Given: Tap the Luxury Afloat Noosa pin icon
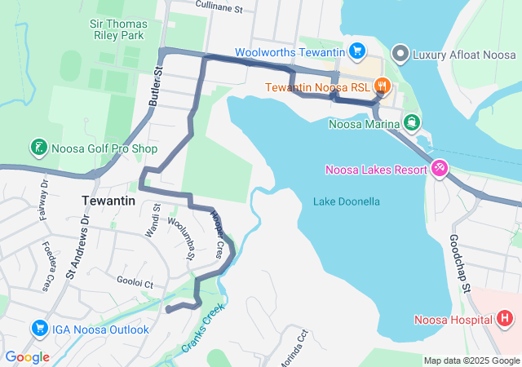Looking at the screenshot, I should (400, 54).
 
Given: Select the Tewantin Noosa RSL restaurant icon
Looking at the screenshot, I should (380, 86).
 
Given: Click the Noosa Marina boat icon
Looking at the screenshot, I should (413, 124).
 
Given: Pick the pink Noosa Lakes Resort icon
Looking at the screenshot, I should (440, 168).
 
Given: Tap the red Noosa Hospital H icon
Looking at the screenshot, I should (505, 319).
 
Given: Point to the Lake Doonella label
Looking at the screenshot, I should (347, 201).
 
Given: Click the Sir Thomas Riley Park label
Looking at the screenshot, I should (118, 29).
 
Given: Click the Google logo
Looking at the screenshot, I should (27, 357).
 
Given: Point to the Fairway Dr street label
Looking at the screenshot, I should (45, 201).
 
